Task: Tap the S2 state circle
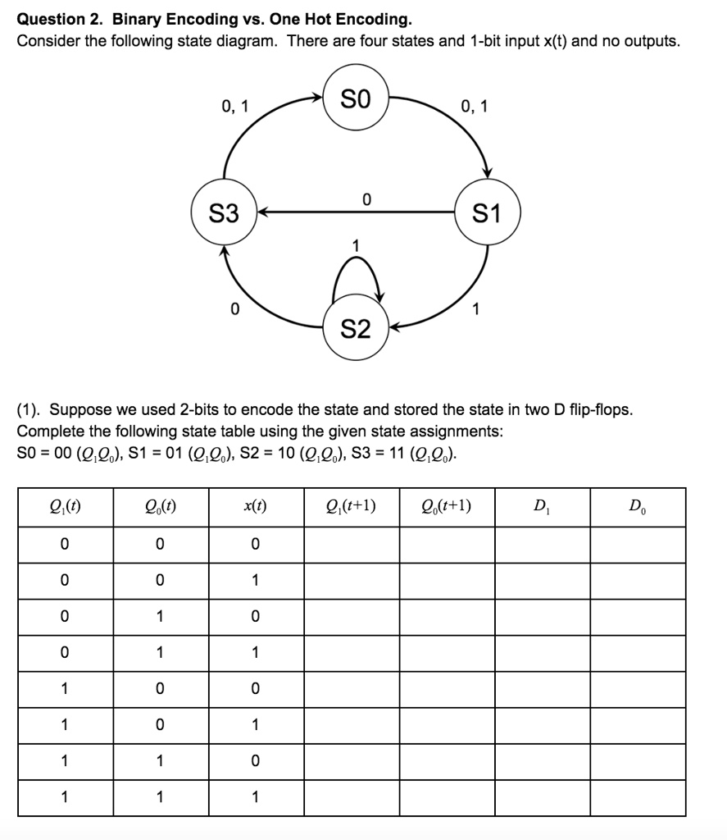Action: (x=355, y=330)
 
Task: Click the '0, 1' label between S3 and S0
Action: (x=236, y=106)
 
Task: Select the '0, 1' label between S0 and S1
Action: (x=474, y=106)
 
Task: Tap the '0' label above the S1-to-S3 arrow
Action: (x=366, y=199)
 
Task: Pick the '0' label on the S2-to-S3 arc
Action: (x=235, y=309)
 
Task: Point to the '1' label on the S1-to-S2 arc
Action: (x=476, y=309)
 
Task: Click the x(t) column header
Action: (x=256, y=506)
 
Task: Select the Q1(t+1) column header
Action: (x=352, y=506)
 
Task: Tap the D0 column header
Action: (x=637, y=506)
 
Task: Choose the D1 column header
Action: (x=542, y=506)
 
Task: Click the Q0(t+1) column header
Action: (x=447, y=506)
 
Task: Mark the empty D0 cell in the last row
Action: (x=637, y=797)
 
